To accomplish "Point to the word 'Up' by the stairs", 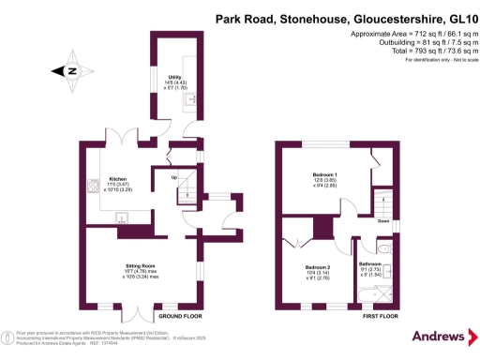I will pyautogui.click(x=172, y=176).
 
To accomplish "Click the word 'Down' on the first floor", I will pyautogui.click(x=383, y=223).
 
